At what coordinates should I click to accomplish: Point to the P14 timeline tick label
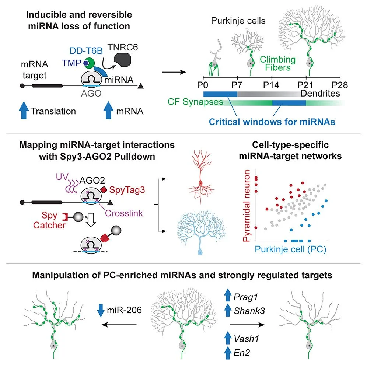272,84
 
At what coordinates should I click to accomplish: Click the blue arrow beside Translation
24,111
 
